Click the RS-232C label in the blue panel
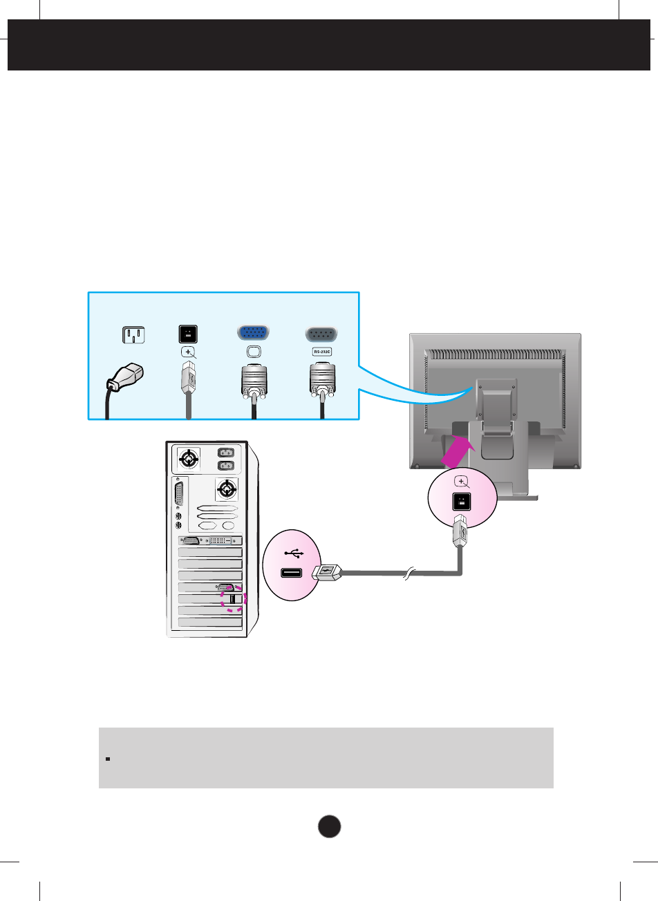(x=322, y=352)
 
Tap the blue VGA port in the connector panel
(x=253, y=333)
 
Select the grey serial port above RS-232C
(x=321, y=334)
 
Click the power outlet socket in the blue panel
(x=133, y=334)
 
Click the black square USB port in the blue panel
(x=188, y=334)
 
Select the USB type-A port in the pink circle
(x=292, y=573)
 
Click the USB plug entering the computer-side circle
(x=327, y=572)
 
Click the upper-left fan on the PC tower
(x=187, y=458)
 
